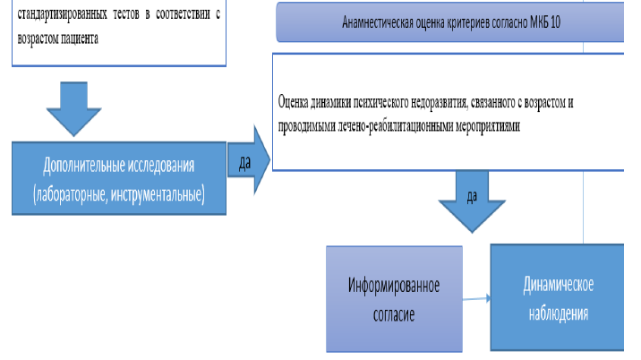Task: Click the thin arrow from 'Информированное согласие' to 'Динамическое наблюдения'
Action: (475, 296)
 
